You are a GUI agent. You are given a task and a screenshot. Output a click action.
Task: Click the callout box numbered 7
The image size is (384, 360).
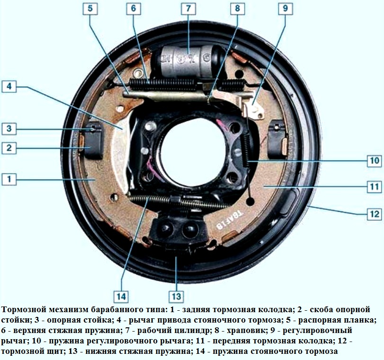click(188, 9)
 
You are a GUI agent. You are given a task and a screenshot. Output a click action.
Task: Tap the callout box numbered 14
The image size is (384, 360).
click(121, 297)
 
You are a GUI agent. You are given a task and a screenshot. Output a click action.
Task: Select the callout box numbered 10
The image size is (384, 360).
click(375, 161)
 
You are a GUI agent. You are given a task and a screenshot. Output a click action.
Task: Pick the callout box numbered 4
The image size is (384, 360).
click(9, 87)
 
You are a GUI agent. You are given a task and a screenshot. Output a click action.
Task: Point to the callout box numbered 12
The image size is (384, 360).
click(375, 214)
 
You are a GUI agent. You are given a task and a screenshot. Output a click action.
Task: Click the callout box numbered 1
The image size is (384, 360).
click(9, 179)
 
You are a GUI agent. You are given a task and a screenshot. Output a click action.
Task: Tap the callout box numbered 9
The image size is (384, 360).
click(286, 9)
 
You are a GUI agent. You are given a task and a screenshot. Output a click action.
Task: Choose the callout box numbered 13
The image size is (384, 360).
click(176, 297)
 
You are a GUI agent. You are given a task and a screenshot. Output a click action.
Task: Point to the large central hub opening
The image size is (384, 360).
click(193, 151)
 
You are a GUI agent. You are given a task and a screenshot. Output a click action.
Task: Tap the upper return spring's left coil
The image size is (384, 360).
click(163, 84)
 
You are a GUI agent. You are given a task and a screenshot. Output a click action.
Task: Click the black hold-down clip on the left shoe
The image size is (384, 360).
click(93, 140)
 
